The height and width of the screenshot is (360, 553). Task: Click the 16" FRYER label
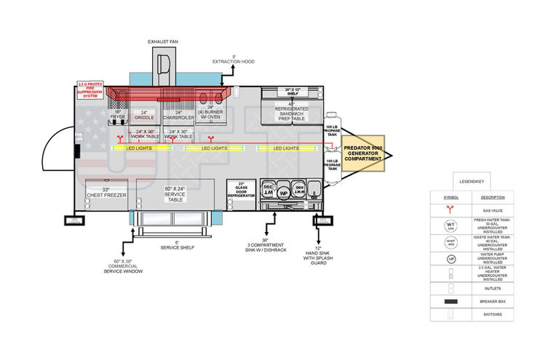[x=118, y=114]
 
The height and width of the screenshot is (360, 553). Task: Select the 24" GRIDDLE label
[x=144, y=114]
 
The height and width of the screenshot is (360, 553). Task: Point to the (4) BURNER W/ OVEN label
[x=210, y=115]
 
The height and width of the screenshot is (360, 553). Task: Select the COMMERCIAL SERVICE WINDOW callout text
[x=123, y=266]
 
